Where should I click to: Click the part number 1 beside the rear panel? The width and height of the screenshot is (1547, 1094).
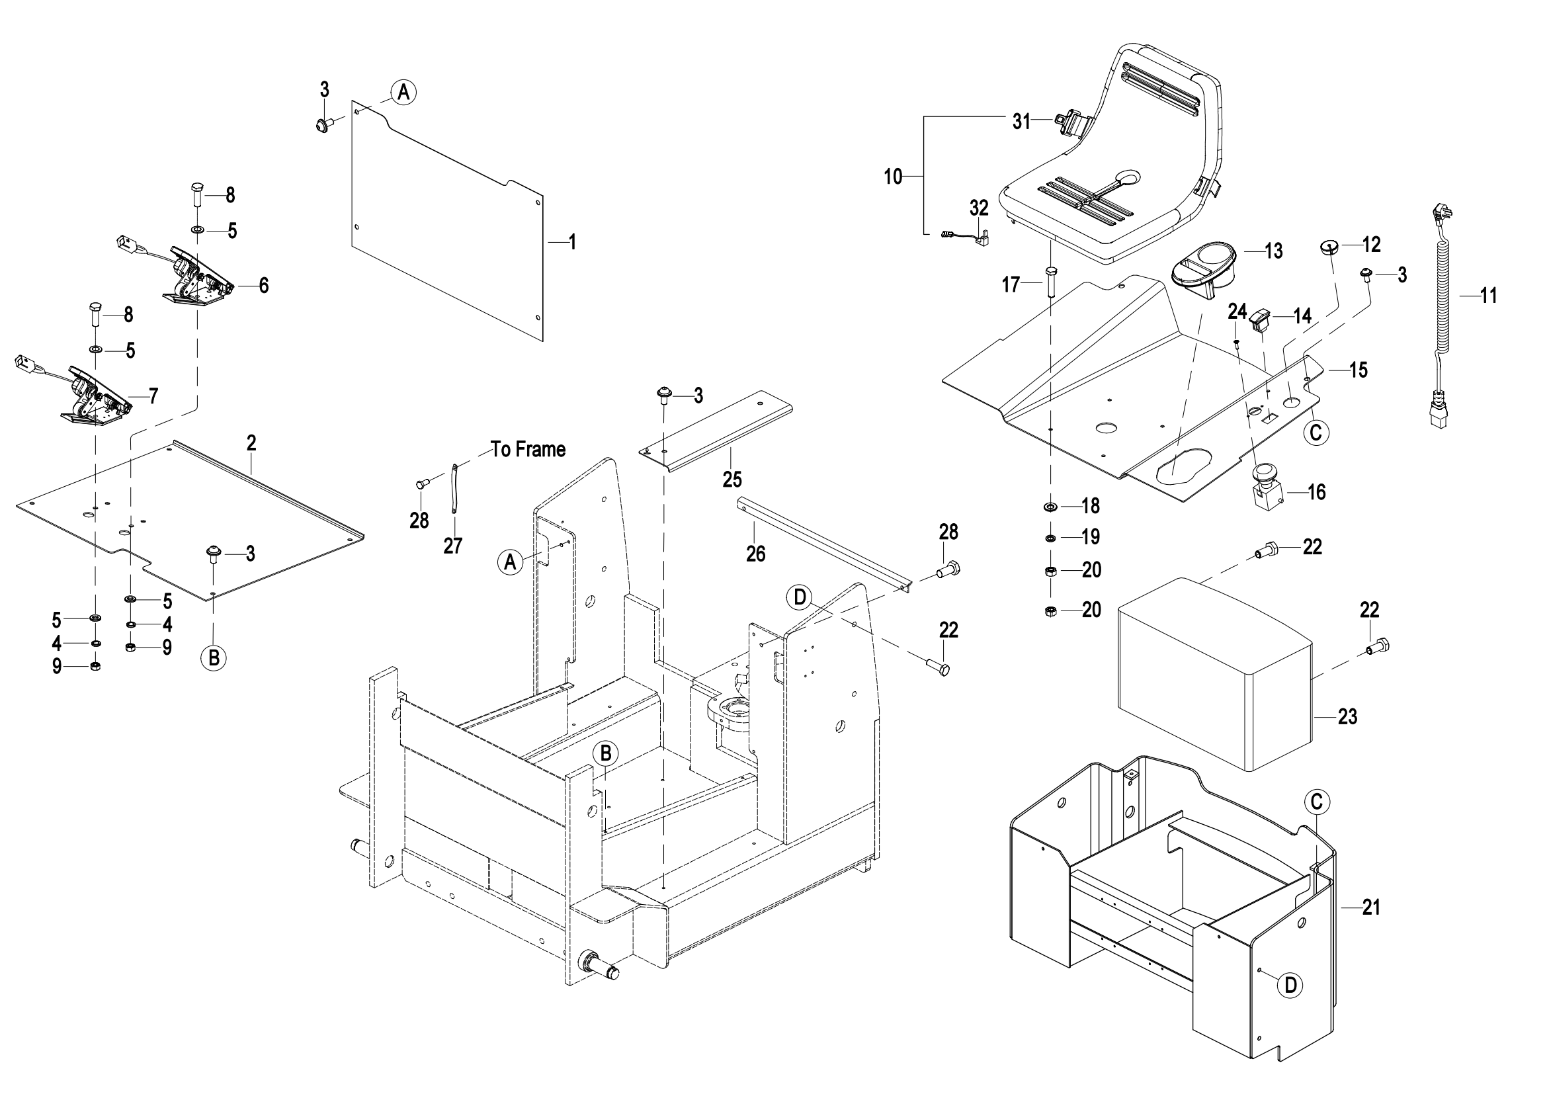tap(572, 242)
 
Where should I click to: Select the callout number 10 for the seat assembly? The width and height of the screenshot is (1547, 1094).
tap(893, 177)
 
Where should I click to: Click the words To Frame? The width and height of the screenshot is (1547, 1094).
tap(528, 449)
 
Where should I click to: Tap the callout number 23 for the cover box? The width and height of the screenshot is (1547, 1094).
tap(1347, 716)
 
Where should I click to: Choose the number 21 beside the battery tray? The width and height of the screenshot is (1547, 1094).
tap(1371, 907)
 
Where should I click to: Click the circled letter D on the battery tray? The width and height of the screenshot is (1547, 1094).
tap(1290, 985)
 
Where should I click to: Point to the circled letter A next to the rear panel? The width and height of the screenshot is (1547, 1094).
tap(403, 92)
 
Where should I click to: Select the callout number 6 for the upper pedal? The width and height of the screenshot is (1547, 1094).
tap(263, 286)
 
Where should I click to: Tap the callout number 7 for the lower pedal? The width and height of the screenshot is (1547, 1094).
tap(153, 396)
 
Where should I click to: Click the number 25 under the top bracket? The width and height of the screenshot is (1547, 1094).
tap(732, 479)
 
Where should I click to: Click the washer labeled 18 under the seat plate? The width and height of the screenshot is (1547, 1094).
tap(1050, 505)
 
